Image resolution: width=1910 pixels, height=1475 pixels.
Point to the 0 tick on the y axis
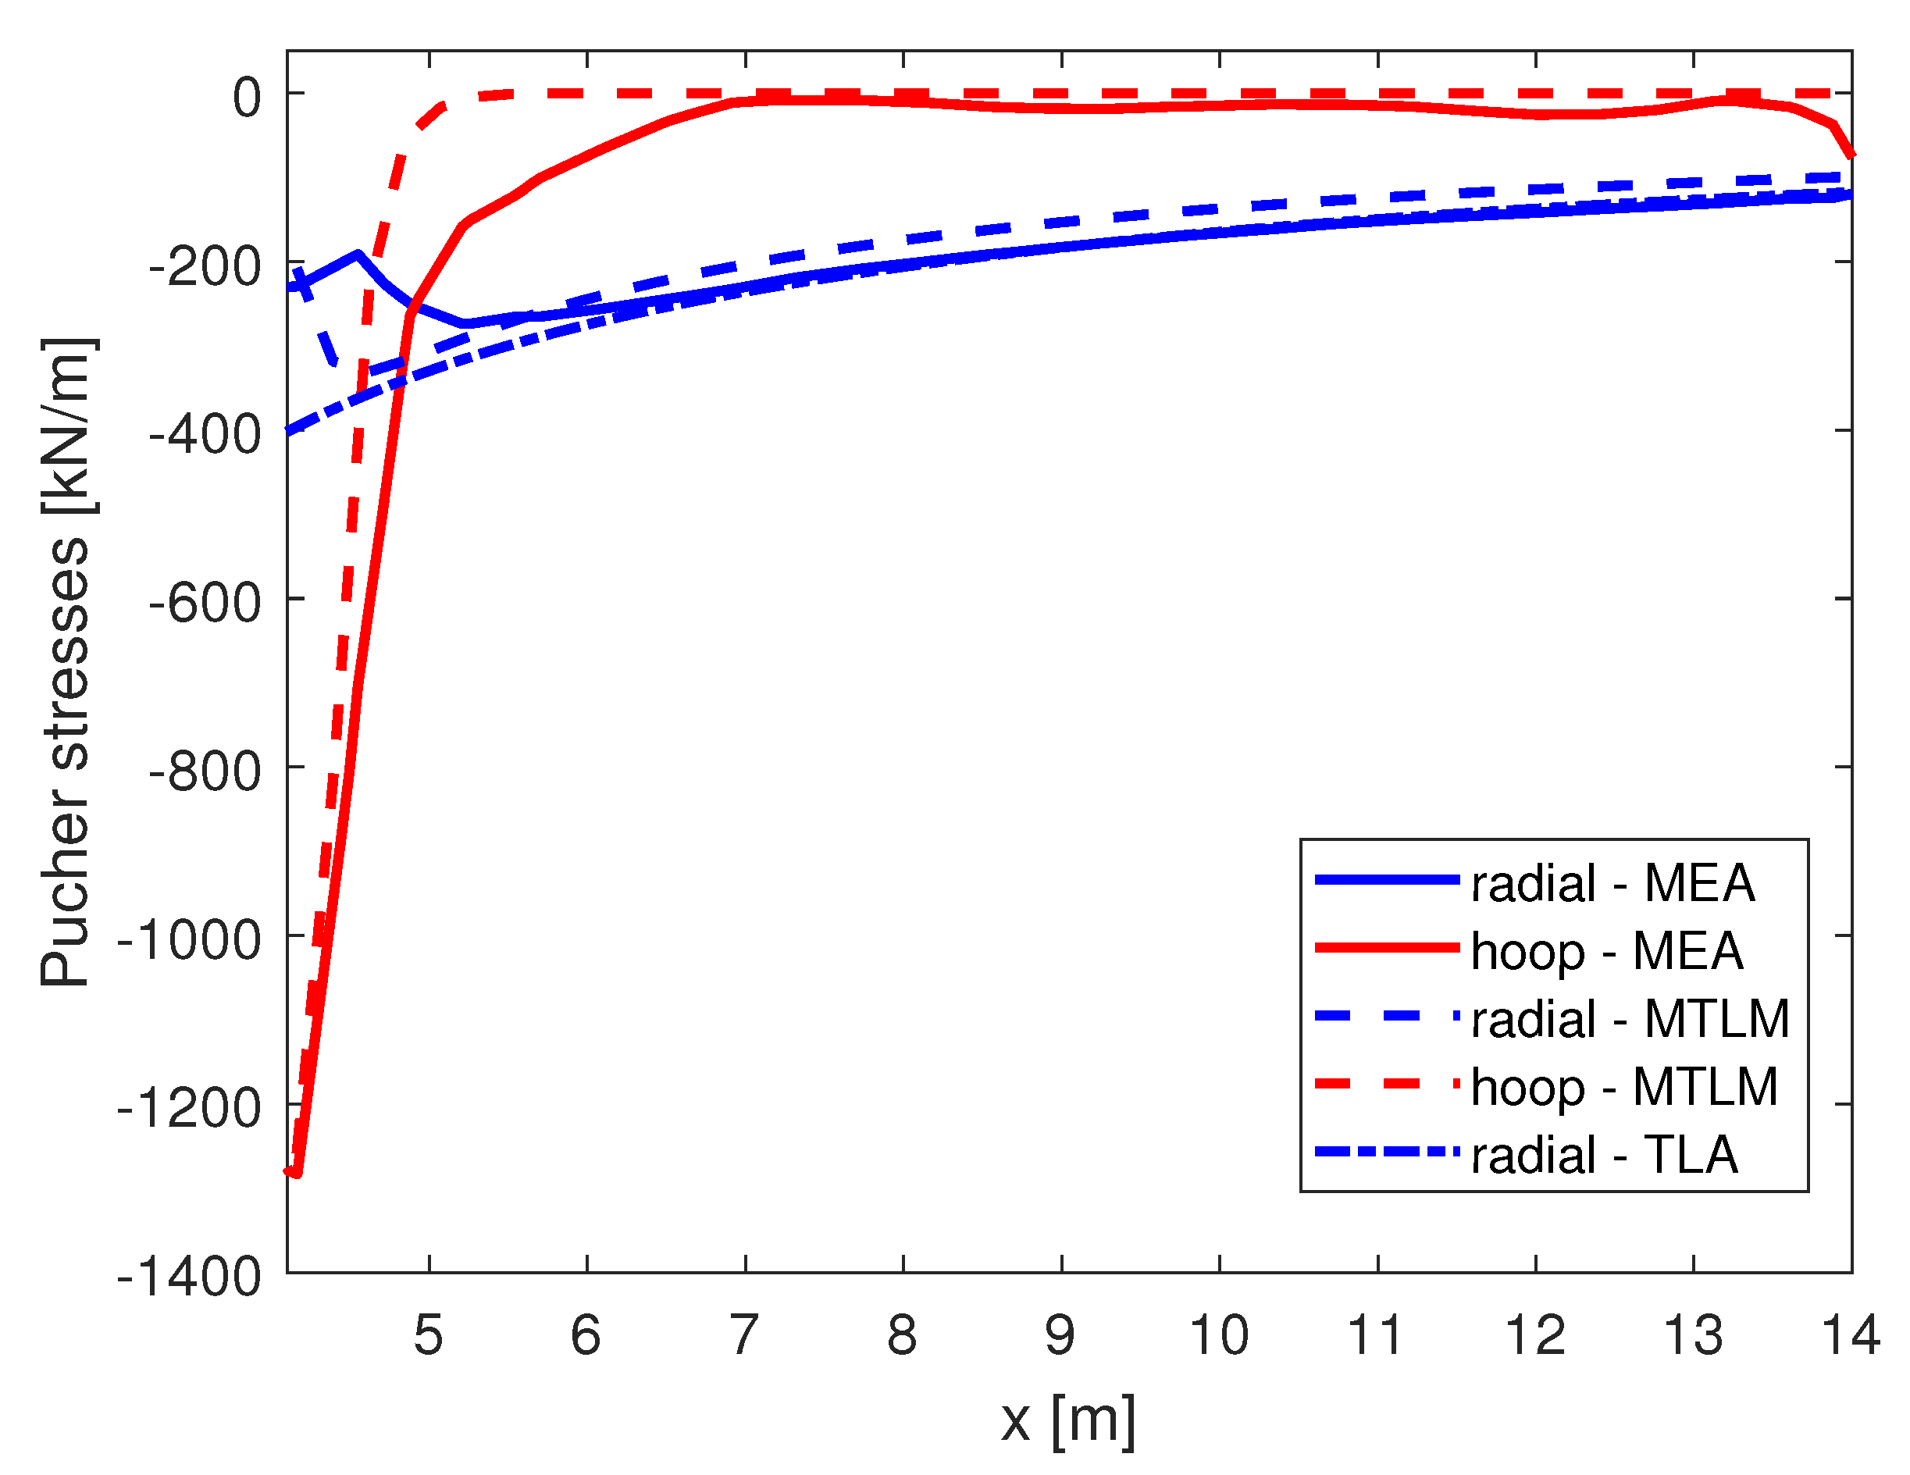pos(247,96)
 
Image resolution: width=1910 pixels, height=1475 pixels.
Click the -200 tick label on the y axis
pos(205,265)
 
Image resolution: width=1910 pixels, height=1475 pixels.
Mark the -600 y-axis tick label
pos(205,603)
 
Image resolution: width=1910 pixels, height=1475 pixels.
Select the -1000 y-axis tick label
pos(189,940)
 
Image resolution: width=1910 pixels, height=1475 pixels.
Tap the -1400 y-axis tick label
pos(189,1277)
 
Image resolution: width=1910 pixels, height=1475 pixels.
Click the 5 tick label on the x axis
pos(429,1335)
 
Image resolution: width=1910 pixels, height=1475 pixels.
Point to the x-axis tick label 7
pos(744,1335)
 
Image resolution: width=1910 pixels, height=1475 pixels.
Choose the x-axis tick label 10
pos(1219,1335)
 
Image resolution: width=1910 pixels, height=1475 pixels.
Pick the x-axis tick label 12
pos(1536,1335)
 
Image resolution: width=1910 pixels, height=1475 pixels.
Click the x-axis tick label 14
pos(1851,1335)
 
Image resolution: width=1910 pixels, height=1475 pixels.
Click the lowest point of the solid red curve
pos(298,1174)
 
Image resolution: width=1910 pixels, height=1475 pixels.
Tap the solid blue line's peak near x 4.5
pos(358,254)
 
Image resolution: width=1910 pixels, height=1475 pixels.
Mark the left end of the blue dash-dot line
pos(290,430)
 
